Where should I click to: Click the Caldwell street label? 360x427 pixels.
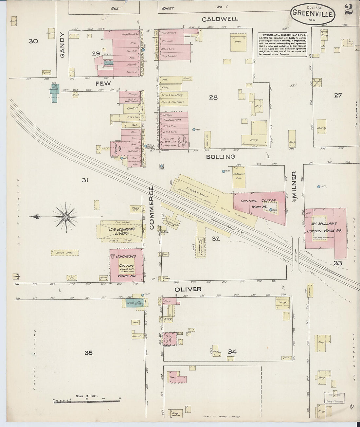[x=220, y=19]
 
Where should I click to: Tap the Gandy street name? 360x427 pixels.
[x=63, y=45]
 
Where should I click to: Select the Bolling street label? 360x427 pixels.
[x=221, y=157]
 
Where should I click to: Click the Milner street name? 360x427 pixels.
[x=294, y=185]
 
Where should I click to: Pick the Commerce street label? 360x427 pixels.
[x=152, y=208]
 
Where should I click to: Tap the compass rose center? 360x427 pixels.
[x=66, y=217]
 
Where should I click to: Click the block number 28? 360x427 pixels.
[x=213, y=97]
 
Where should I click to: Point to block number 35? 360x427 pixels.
[x=88, y=353]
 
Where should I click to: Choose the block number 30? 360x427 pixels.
[x=33, y=41]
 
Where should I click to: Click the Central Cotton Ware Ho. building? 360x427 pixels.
[x=259, y=205]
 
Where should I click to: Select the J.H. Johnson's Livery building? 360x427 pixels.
[x=121, y=231]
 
